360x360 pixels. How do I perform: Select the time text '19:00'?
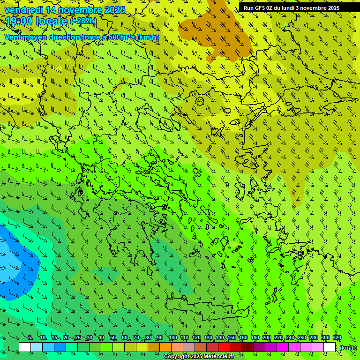pos(20,21)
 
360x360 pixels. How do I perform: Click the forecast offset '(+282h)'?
pos(83,21)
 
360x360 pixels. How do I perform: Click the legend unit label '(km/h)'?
pos(347,347)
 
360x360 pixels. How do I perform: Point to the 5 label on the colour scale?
pos(30,338)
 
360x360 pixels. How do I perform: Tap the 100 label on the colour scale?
pos(172,338)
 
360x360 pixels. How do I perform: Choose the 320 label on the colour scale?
pos(337,338)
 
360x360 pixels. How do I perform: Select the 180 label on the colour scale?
pos(255,338)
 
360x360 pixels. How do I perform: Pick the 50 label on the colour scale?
pos(113,338)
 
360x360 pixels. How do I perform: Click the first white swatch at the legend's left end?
pos(25,347)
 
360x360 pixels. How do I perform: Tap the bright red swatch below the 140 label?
pos(224,347)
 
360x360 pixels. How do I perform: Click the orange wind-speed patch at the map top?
pos(216,30)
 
